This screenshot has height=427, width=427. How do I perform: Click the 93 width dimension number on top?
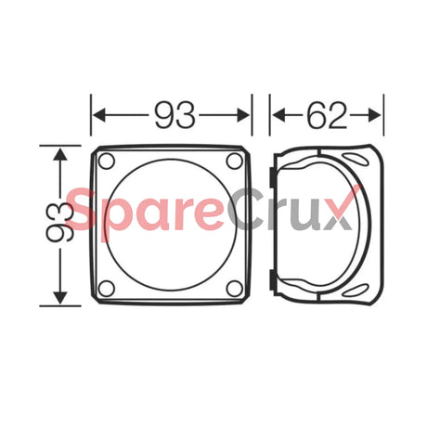point(175,115)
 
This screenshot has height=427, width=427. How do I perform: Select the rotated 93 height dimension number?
point(62,224)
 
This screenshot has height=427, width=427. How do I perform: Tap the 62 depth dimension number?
point(326,115)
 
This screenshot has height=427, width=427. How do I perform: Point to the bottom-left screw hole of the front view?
point(107,289)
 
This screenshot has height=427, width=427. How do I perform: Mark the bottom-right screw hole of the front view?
point(235,289)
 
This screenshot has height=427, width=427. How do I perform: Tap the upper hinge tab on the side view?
point(269,173)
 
